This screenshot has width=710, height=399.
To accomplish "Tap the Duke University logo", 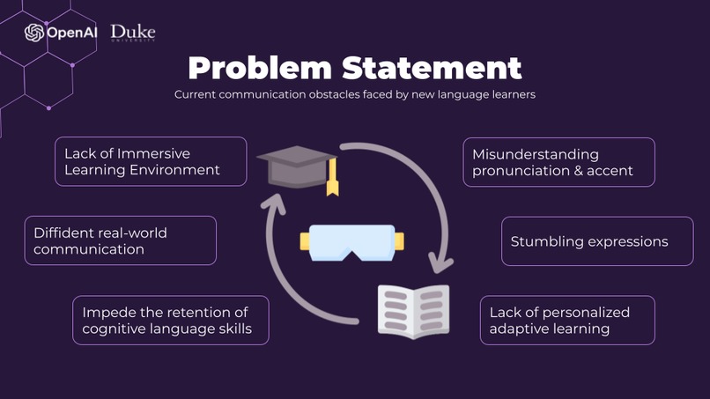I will coord(133,33).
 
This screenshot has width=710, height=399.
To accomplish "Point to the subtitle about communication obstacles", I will coord(354,93).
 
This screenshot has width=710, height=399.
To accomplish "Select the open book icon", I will coord(414,311).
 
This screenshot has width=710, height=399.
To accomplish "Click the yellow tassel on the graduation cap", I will coord(332,180).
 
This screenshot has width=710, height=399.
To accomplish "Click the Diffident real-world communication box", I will coord(120,240).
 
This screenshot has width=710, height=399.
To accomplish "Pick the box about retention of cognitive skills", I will coord(170,320).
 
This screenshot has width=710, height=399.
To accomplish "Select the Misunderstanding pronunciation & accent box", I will coord(558,162).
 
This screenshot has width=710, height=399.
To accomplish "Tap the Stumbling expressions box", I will coord(589,240).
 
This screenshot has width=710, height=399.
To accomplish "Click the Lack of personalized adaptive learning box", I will coord(566,320).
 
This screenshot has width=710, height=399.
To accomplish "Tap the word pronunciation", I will coord(514,171).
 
